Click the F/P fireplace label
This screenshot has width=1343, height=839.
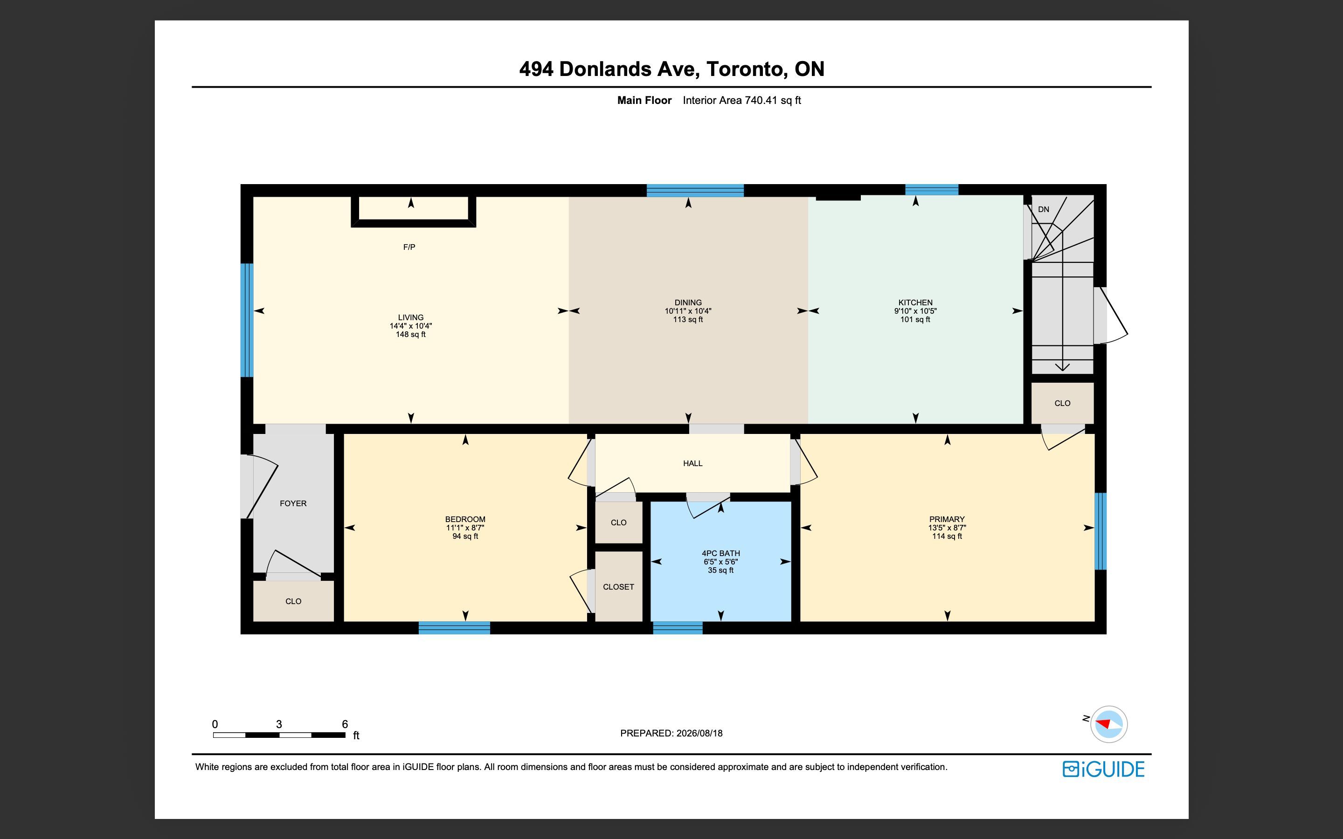(x=409, y=247)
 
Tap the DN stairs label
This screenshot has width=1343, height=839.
(x=1043, y=209)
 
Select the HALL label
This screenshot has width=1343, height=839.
(x=692, y=463)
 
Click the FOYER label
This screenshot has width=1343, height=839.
(x=293, y=503)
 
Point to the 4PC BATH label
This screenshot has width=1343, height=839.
(x=720, y=553)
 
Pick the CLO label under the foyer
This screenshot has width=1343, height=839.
(x=293, y=601)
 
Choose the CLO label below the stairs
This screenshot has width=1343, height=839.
(x=1062, y=403)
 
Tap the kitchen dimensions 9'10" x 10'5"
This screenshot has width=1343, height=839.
(x=915, y=311)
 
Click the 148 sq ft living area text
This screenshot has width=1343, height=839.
(x=411, y=335)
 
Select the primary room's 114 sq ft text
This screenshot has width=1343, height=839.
(x=947, y=536)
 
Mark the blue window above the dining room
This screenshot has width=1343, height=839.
(x=695, y=190)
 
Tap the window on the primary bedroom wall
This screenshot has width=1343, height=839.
(x=1101, y=531)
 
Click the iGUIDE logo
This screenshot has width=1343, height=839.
(x=1103, y=769)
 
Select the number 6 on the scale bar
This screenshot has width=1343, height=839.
(x=345, y=724)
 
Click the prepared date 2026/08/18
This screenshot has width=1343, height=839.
(x=699, y=733)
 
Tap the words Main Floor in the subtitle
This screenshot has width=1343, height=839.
(x=644, y=100)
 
